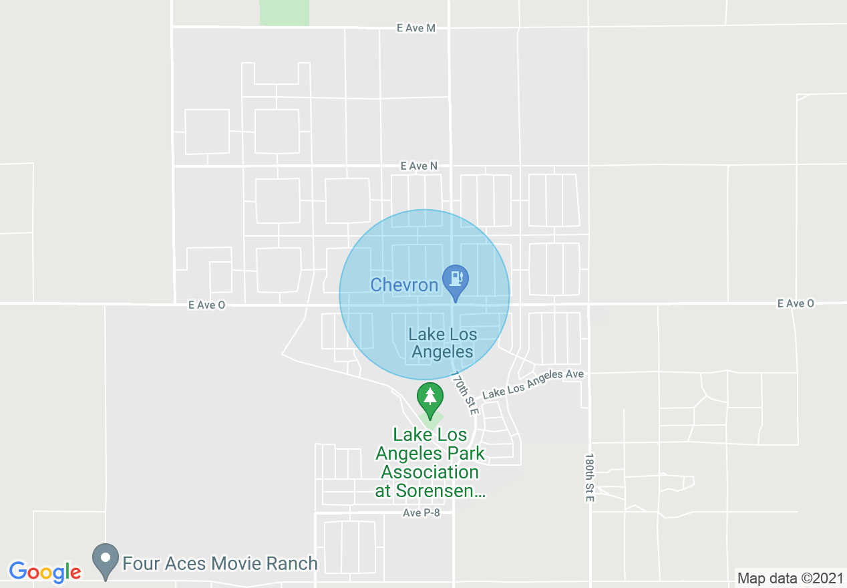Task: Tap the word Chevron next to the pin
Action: [404, 285]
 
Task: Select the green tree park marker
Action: [430, 398]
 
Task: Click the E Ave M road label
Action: [415, 28]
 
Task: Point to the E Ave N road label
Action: [419, 166]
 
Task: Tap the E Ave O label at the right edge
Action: [795, 303]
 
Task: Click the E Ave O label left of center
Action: [206, 305]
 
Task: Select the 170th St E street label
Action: [466, 393]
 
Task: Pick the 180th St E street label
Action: [588, 478]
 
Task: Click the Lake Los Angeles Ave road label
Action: [533, 384]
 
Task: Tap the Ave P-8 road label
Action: [421, 513]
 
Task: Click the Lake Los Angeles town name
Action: [442, 343]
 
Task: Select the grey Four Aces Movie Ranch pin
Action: [105, 561]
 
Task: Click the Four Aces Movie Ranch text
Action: [220, 563]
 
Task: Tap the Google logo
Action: [45, 572]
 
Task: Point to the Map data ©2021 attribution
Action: [789, 578]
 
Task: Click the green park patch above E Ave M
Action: [285, 13]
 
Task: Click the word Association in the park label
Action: [430, 472]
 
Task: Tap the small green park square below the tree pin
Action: [432, 422]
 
